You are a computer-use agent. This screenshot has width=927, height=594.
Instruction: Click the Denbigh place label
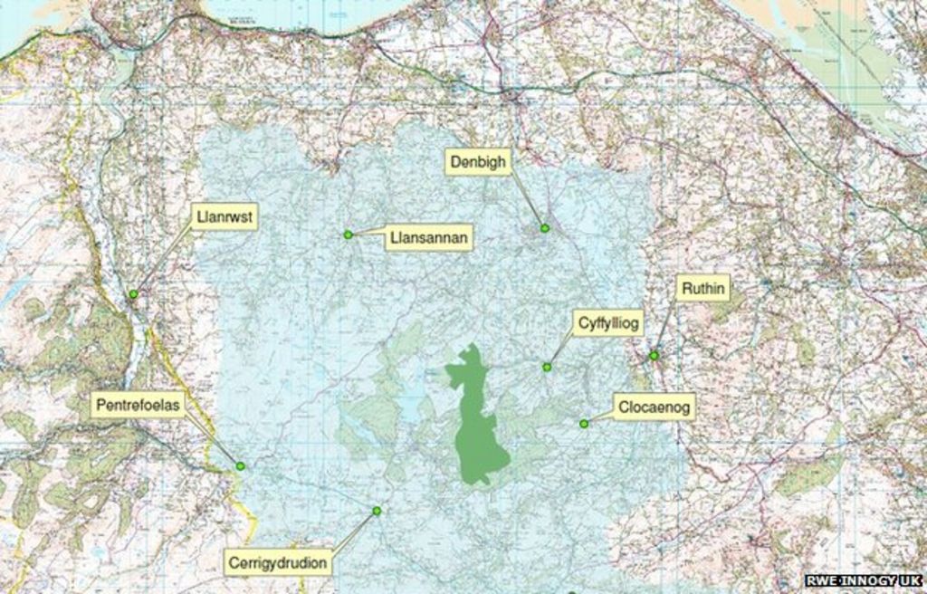pos(479,162)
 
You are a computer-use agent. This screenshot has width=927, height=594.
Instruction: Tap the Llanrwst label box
pos(225,217)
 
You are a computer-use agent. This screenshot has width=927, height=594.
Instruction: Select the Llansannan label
pos(428,238)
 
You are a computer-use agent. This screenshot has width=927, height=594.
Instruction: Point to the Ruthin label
pos(702,289)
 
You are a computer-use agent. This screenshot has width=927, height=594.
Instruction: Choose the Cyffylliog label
pos(608,322)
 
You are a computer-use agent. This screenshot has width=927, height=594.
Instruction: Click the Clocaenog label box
pos(654,407)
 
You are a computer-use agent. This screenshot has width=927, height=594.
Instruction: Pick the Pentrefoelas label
pos(138,405)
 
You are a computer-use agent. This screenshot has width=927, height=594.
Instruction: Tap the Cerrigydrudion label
pos(278,562)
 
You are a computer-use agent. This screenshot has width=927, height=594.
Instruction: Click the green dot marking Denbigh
pos(545,228)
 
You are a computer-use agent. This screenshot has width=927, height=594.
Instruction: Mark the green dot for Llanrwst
pos(133,294)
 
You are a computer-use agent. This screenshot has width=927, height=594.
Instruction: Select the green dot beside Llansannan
pos(348,235)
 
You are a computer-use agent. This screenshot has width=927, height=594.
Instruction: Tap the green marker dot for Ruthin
pos(654,356)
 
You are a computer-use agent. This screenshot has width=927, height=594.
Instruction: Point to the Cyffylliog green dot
pos(547,367)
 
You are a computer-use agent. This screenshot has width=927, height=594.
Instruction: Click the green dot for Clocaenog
pos(584,424)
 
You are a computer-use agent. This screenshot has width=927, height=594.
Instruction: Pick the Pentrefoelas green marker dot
pos(240,466)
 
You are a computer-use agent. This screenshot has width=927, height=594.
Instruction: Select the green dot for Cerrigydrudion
pos(377,511)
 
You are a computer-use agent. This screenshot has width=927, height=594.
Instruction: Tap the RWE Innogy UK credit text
pos(864,580)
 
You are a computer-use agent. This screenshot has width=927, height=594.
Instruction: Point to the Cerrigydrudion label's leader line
pos(353,531)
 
